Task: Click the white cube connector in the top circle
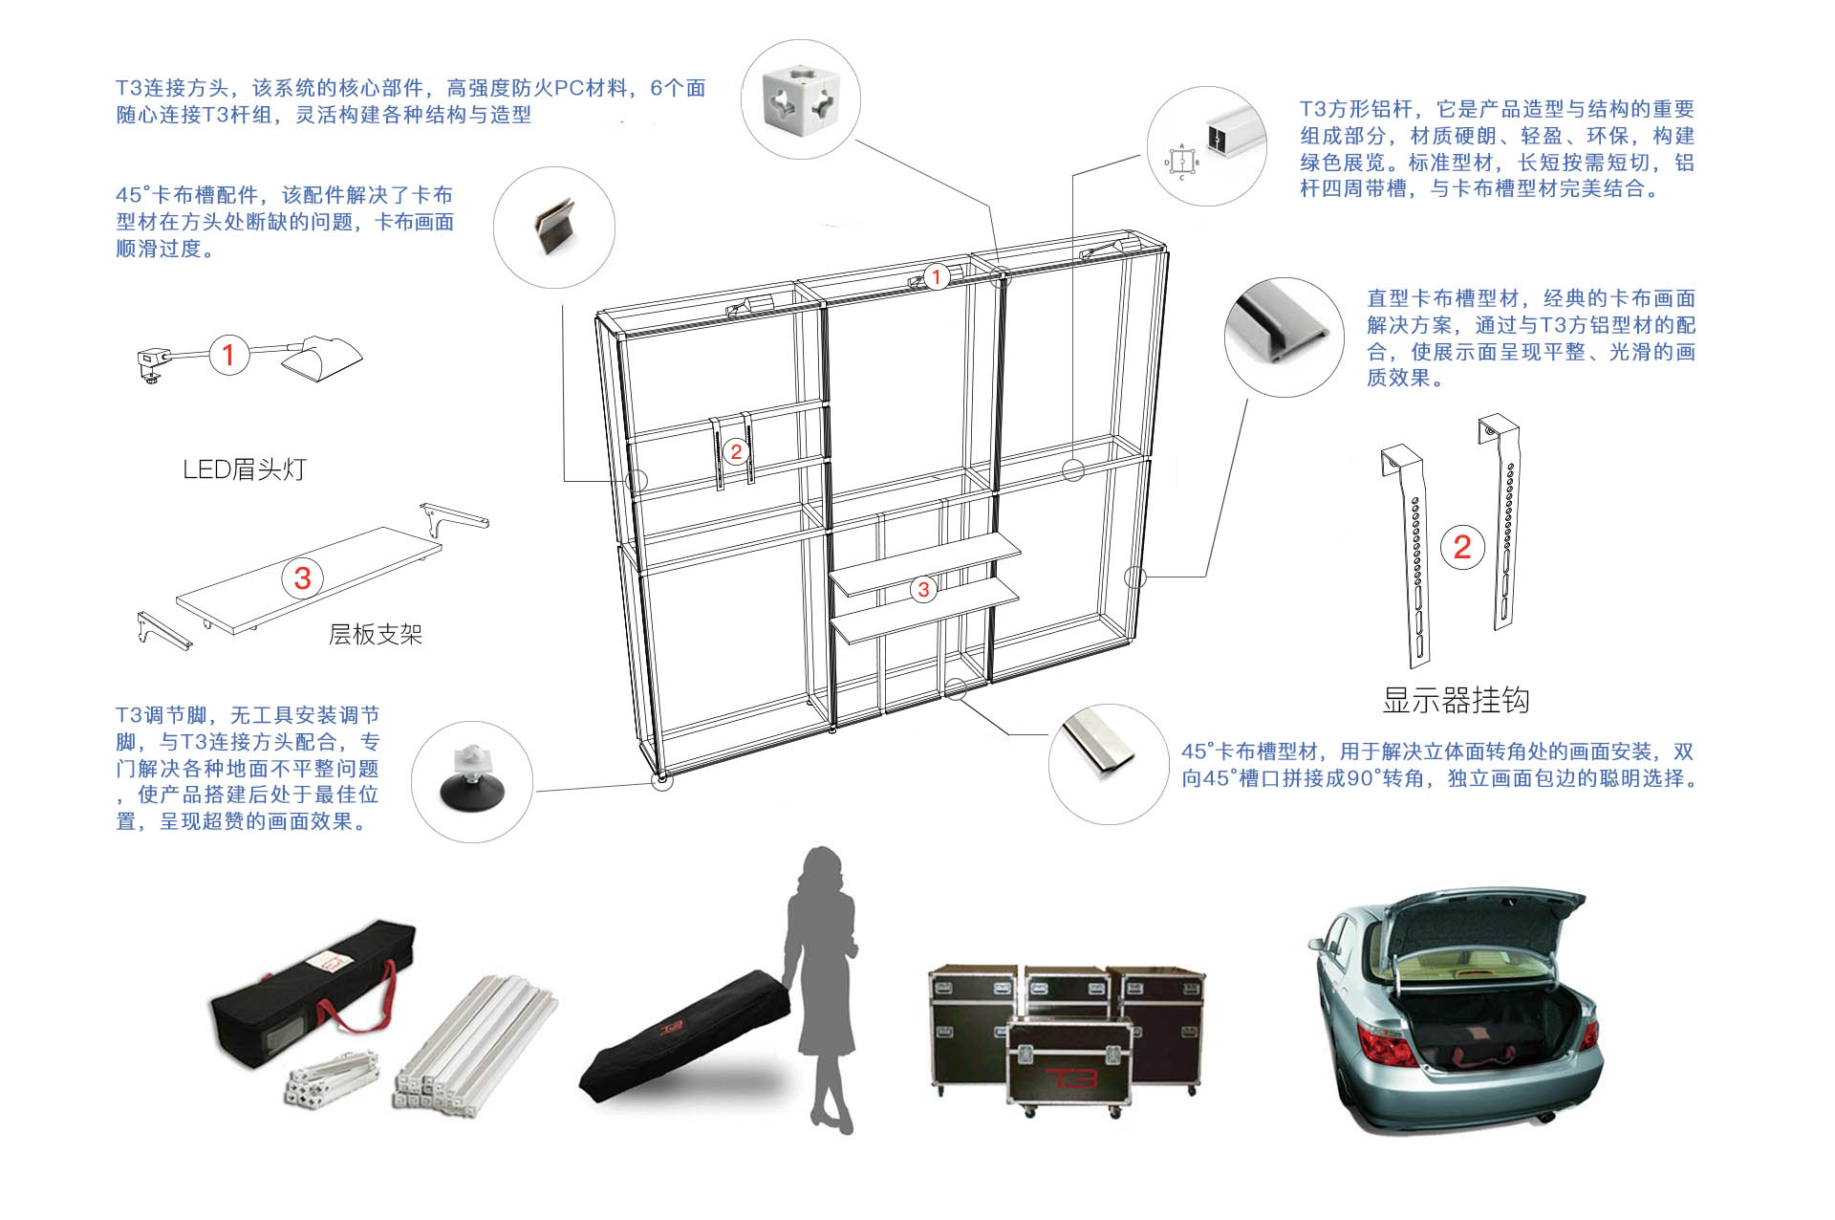coord(801,98)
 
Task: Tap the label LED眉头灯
coord(245,469)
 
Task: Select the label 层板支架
coord(376,635)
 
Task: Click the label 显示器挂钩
coord(1456,701)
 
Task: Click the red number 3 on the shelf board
coord(303,577)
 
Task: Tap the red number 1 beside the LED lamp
coord(228,355)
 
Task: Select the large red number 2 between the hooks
coord(1462,548)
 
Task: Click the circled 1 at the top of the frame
coord(937,277)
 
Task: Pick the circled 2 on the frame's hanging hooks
coord(735,452)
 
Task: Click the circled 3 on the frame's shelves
coord(923,590)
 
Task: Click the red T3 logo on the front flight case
coord(1069,1078)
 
